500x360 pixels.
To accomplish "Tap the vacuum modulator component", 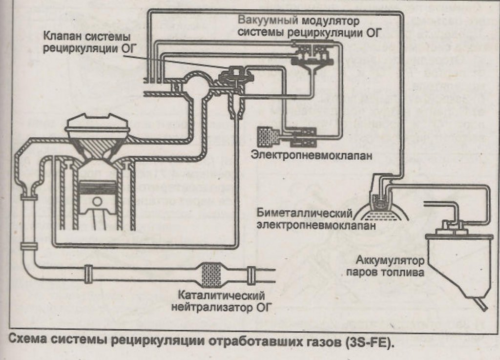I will [x=311, y=55].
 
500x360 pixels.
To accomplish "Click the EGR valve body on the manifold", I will [x=236, y=77].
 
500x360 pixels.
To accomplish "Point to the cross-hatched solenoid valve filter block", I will [x=268, y=136].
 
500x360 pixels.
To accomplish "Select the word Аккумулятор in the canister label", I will [x=382, y=259].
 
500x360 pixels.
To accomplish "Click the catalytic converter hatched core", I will [x=210, y=273].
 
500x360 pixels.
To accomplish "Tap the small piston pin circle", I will [x=97, y=201].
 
